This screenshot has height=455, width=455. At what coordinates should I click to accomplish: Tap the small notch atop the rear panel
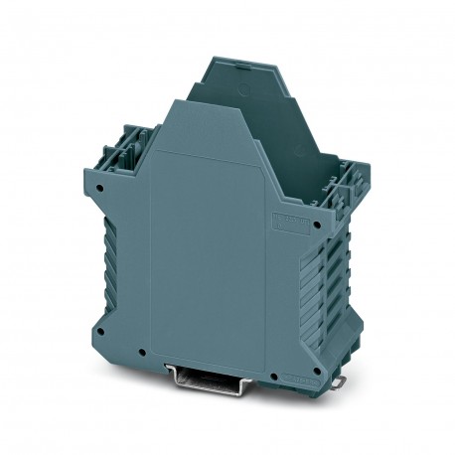pos(234,59)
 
